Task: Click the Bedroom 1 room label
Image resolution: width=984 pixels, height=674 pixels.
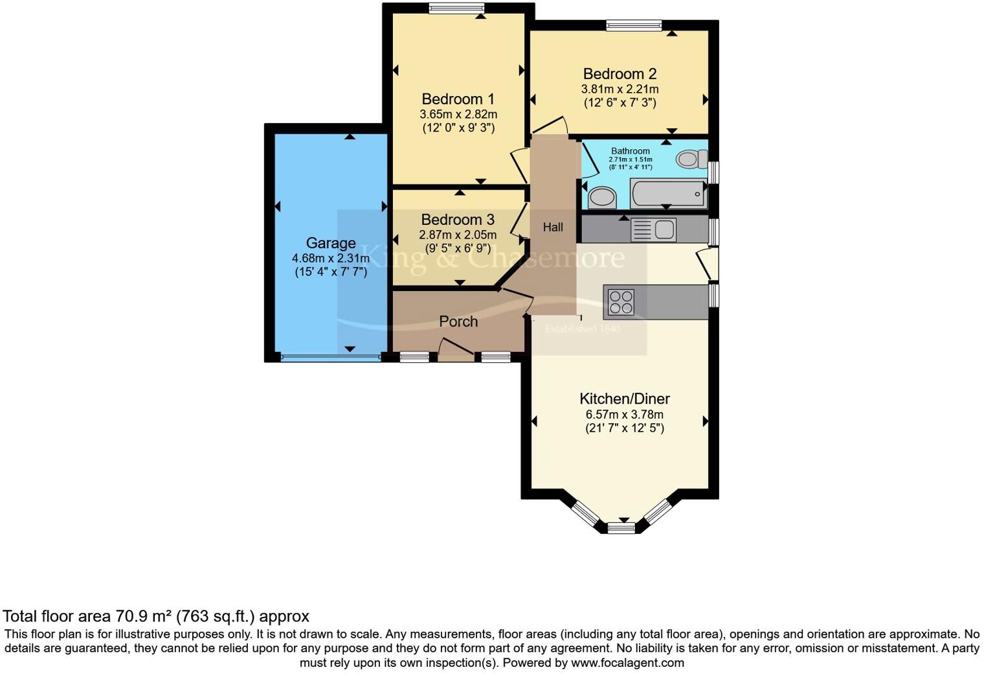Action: tap(458, 99)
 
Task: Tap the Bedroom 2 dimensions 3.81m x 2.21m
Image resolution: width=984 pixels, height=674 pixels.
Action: tap(620, 89)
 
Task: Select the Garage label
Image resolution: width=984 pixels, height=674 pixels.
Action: tap(331, 243)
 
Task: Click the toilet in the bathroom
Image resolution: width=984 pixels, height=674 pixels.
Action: tap(691, 158)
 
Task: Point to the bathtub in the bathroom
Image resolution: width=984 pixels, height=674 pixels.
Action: tap(668, 194)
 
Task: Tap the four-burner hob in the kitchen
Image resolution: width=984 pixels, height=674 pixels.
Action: tap(621, 302)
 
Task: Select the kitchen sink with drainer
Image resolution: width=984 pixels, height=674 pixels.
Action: tap(653, 229)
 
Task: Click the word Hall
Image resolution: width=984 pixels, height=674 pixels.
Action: tap(553, 227)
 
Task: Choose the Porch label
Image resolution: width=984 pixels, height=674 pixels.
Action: tap(458, 321)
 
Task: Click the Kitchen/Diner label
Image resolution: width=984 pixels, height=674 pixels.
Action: tap(624, 399)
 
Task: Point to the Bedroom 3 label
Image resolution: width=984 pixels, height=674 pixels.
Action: tap(458, 220)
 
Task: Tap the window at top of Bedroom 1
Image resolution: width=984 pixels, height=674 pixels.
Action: tap(456, 8)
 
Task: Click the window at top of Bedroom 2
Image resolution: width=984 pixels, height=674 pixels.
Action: tap(634, 25)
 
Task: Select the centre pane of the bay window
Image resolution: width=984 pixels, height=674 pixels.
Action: tap(621, 528)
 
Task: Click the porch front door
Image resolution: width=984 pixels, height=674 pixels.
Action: tap(456, 352)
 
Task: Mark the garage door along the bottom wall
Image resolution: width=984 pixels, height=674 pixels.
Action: tap(330, 357)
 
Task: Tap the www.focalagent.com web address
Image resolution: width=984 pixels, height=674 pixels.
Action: tap(627, 662)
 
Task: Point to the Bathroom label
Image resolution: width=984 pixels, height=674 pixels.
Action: tap(630, 151)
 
